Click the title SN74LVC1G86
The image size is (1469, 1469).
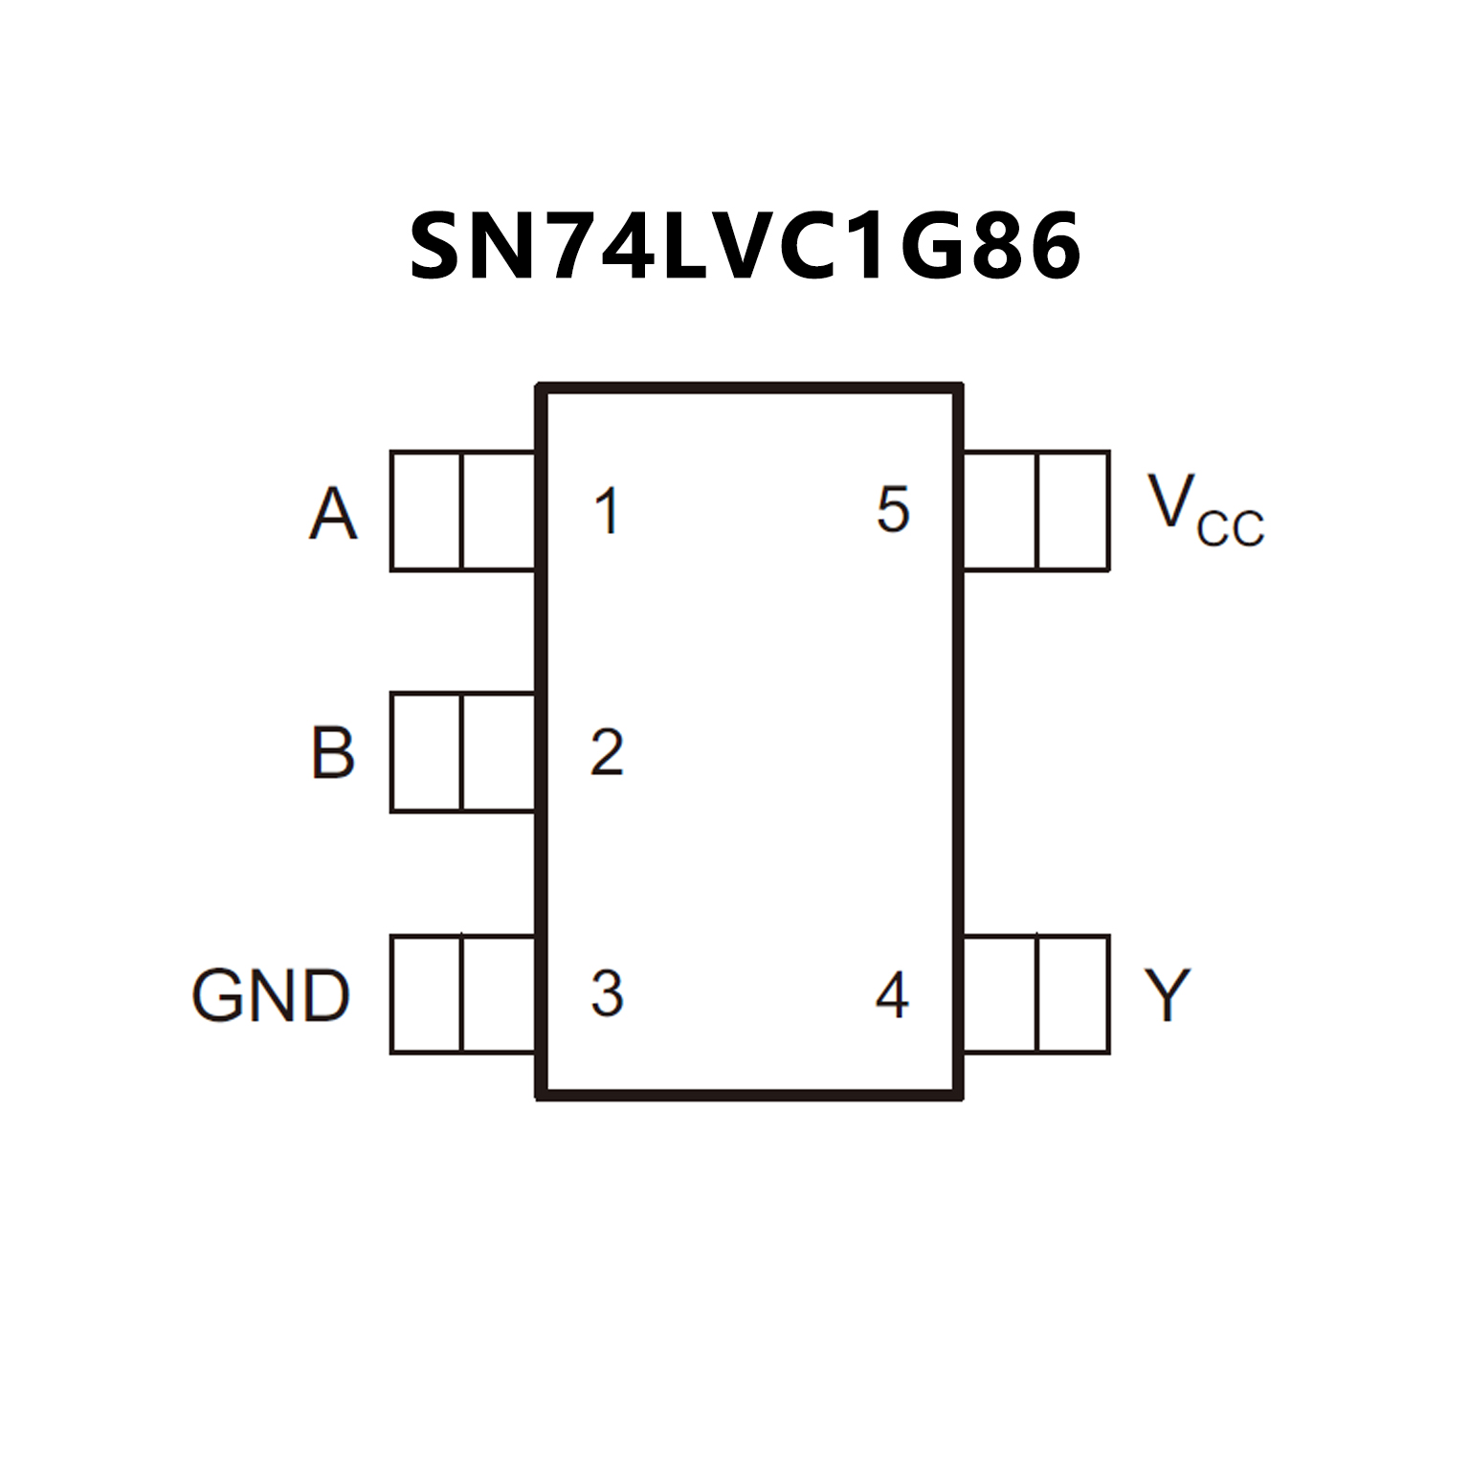[745, 247]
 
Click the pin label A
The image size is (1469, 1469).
[333, 514]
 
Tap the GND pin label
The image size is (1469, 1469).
[271, 995]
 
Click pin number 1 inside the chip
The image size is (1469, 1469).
[607, 511]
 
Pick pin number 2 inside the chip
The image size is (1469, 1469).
[607, 752]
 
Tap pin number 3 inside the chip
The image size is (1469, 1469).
[607, 993]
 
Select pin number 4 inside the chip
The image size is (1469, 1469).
[892, 995]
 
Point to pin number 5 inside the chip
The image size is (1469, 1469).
[892, 509]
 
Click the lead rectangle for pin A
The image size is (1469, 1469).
[462, 511]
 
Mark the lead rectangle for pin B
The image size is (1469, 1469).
[462, 752]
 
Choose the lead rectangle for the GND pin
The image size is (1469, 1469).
[462, 994]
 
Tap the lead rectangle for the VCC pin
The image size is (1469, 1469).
[1036, 511]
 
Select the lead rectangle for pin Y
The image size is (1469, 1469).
[1036, 994]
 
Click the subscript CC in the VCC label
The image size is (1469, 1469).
[1231, 529]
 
